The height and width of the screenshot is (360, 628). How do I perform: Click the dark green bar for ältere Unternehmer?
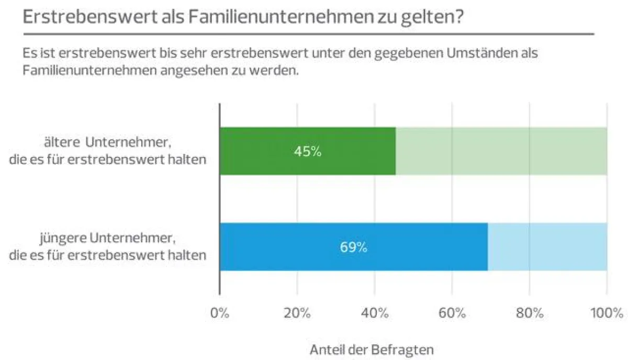click(272, 151)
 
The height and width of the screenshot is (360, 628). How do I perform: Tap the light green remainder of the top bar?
click(501, 151)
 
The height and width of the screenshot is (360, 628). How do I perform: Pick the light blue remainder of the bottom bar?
click(547, 246)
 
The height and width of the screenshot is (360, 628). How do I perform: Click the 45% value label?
click(307, 152)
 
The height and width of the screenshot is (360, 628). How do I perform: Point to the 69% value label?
click(353, 248)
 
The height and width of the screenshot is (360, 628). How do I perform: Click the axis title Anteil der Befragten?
click(372, 350)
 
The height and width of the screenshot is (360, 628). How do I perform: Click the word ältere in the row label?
click(63, 142)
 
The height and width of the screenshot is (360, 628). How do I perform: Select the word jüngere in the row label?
click(63, 238)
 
